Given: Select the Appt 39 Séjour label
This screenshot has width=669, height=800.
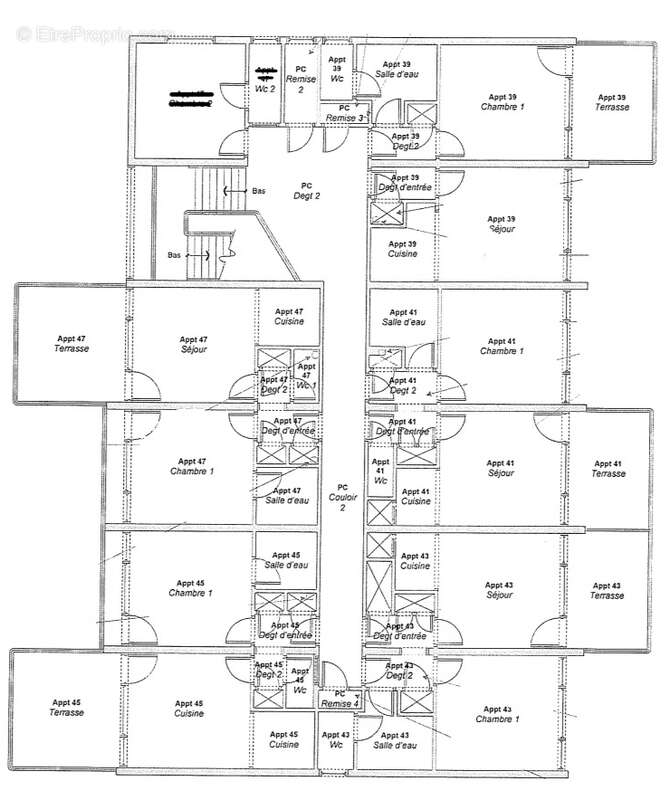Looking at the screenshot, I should pos(501,224).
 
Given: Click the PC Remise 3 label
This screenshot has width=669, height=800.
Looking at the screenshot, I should pos(344,113).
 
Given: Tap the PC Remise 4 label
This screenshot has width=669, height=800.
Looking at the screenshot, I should pos(340,699).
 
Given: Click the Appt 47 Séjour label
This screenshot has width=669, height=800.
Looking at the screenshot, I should pos(194,345).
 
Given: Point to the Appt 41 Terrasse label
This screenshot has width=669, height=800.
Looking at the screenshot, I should pos(608,468).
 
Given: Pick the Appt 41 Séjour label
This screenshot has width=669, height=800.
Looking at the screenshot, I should pos(500,468).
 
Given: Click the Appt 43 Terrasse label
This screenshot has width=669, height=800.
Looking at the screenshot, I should pos(606,590).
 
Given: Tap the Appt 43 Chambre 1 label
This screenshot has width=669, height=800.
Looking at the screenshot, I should pos(497,714).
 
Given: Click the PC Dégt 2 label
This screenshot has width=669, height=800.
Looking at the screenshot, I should pos(306,191).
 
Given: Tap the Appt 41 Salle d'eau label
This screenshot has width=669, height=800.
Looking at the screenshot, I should pos(403,317).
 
